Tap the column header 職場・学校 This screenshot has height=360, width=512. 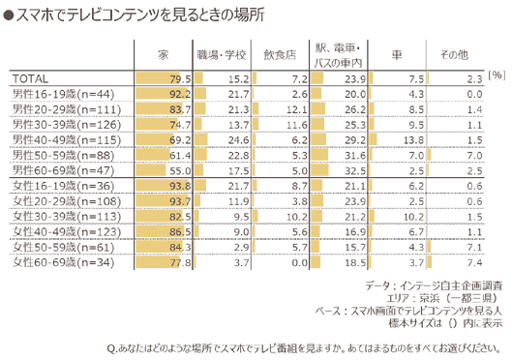pyautogui.click(x=222, y=54)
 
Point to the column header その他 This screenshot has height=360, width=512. pyautogui.click(x=454, y=54)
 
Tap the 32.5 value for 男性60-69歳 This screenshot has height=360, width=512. pyautogui.click(x=355, y=168)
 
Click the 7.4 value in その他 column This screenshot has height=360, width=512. pyautogui.click(x=471, y=261)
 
